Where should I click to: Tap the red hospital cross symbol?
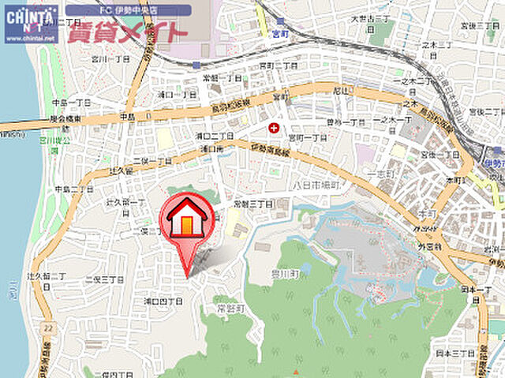pos(274,127)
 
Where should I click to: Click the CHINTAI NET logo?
pos(31,23)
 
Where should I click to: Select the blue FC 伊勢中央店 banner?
pos(127,11)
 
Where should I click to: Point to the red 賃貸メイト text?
pos(127,32)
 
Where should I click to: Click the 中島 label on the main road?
pos(128,116)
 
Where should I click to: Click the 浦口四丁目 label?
pos(164,301)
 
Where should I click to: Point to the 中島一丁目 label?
pos(71,103)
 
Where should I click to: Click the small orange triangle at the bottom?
pos(296,372)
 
